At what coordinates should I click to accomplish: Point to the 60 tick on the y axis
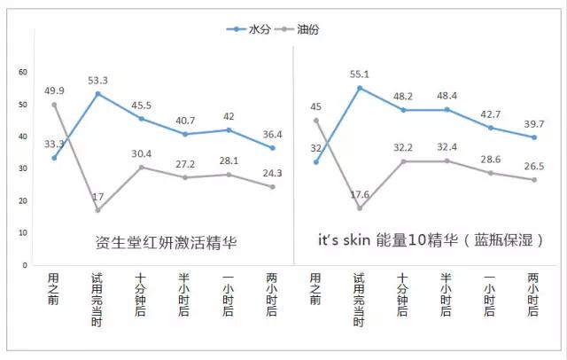point(23,72)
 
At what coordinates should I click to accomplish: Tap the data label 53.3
point(97,81)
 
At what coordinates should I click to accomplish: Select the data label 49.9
point(54,90)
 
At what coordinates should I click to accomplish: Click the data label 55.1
point(359,75)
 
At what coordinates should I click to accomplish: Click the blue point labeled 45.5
point(141,119)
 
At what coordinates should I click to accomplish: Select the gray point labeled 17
point(97,210)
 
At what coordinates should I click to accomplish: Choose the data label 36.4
point(271,134)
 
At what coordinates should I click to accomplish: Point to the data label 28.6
point(489,158)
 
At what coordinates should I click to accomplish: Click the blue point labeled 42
point(228,130)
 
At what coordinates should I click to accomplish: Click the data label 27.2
point(184,164)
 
